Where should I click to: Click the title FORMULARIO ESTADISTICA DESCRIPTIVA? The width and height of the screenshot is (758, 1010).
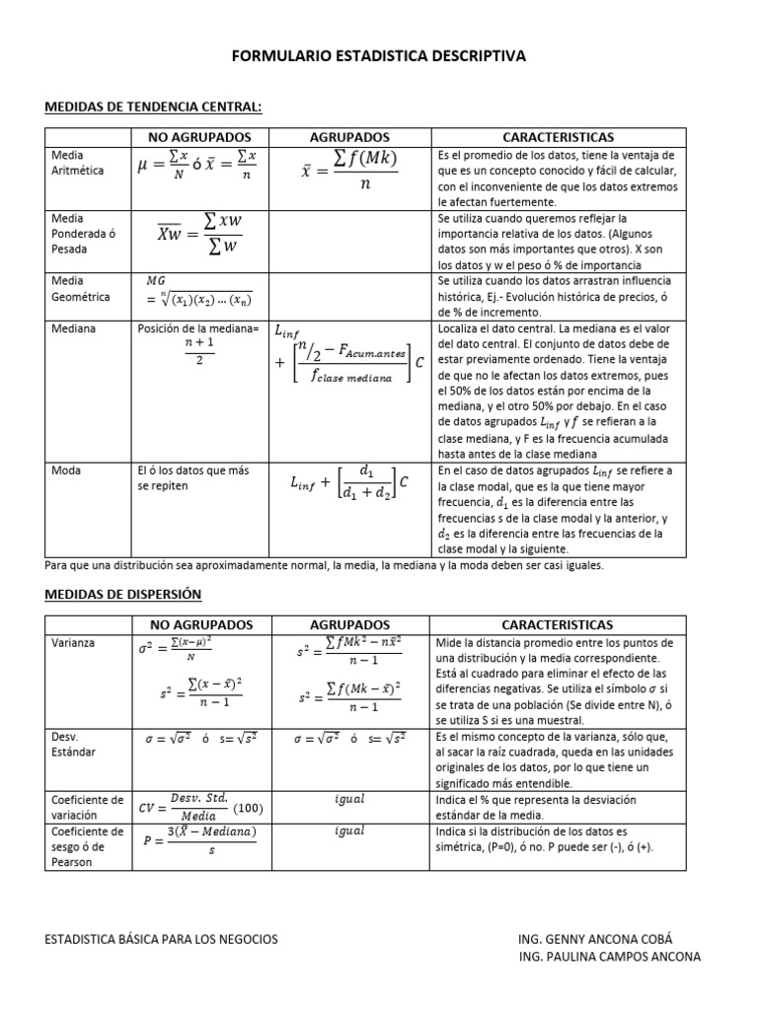tap(379, 57)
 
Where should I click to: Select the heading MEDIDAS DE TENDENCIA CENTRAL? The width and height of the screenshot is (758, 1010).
tap(153, 107)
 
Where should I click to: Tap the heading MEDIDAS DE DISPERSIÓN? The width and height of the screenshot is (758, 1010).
tap(123, 594)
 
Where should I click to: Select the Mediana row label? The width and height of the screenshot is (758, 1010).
tap(71, 328)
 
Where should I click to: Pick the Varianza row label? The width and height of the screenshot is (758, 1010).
tap(72, 642)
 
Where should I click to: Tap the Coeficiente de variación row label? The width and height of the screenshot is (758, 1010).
tap(89, 806)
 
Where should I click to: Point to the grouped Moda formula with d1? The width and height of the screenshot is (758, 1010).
tap(349, 482)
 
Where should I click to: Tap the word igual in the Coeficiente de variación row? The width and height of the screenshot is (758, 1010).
tap(349, 799)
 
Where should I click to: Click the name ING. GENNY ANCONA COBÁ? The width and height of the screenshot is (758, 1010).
tap(594, 939)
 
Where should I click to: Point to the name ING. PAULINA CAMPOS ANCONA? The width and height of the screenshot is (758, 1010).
tap(609, 957)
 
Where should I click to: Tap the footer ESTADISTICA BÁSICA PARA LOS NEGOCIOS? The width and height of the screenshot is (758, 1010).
tap(162, 939)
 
